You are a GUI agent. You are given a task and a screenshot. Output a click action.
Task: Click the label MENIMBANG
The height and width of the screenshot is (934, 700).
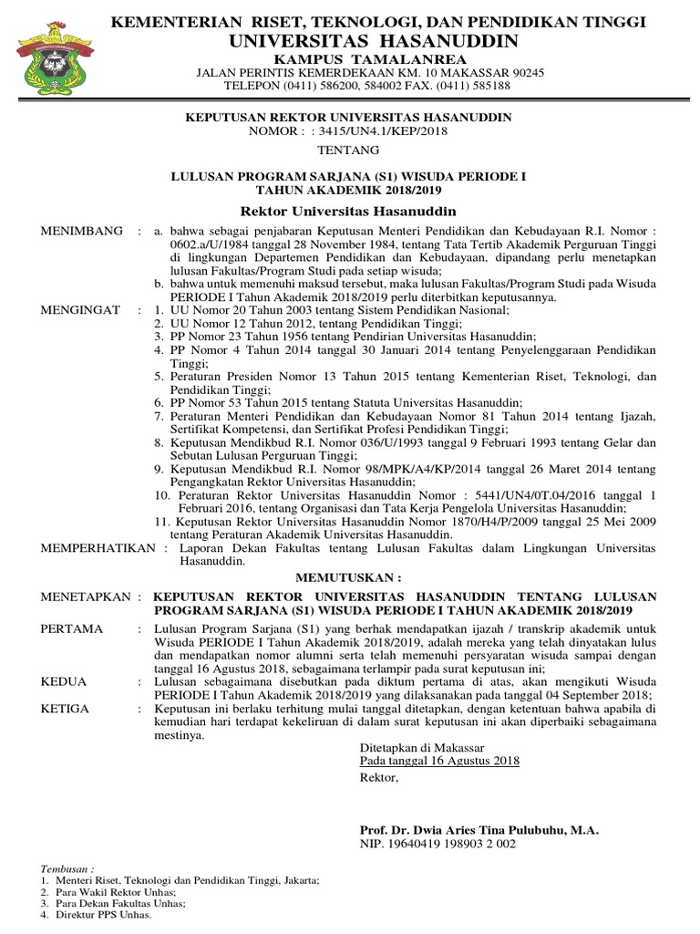(82, 232)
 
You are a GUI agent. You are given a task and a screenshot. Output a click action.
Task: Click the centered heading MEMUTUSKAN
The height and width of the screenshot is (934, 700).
(349, 577)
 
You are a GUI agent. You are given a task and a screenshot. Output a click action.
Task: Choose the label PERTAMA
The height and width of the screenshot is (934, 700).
(73, 629)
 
